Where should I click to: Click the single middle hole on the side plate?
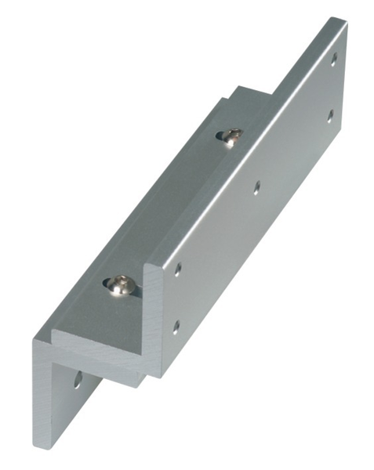click(257, 186)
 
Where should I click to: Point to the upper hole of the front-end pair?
click(178, 269)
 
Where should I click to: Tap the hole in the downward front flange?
click(78, 381)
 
